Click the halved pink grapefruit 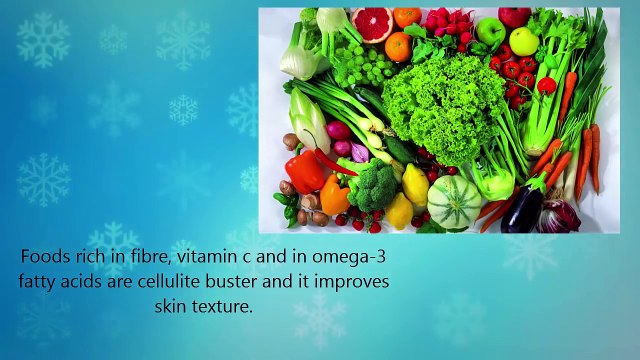[373, 23]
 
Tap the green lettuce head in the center [445, 105]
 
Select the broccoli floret [371, 185]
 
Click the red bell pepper [304, 171]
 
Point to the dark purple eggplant [523, 207]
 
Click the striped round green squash [455, 202]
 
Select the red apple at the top [515, 17]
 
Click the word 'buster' [238, 282]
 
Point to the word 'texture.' [223, 306]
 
